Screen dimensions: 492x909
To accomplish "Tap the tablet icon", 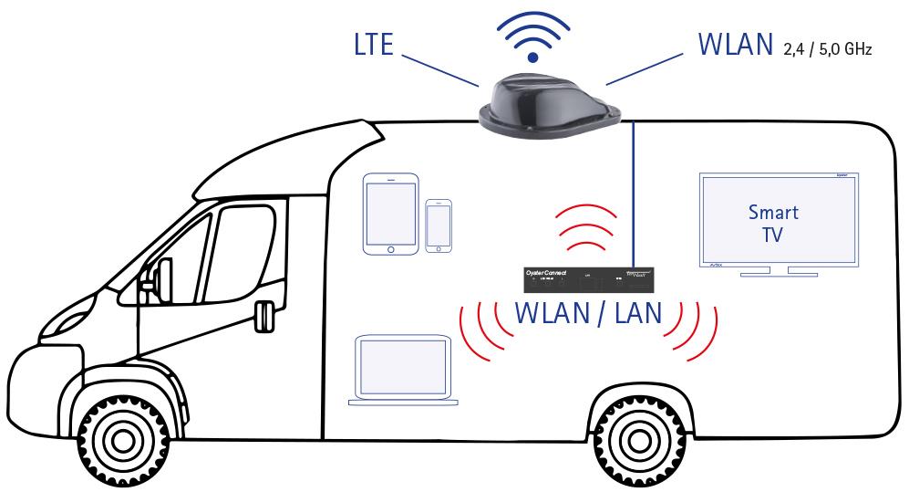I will click(391, 214).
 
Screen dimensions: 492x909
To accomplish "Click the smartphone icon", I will click(439, 225).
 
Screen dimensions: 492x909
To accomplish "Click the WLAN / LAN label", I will click(588, 313).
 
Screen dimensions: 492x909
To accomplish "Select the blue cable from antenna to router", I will click(633, 192).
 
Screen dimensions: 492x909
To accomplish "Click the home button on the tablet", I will click(391, 246).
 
